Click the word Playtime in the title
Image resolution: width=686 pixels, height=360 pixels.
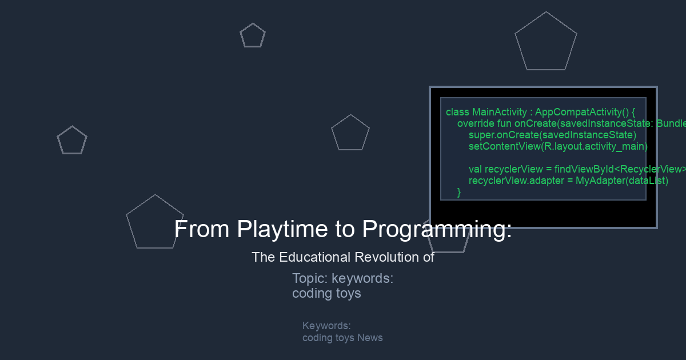pyautogui.click(x=282, y=229)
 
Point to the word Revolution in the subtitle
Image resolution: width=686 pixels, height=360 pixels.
pyautogui.click(x=387, y=257)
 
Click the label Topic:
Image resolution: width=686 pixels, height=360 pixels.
pyautogui.click(x=310, y=279)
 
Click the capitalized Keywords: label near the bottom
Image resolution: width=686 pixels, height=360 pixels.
pyautogui.click(x=326, y=326)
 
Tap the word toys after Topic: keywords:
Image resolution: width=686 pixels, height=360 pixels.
pyautogui.click(x=349, y=294)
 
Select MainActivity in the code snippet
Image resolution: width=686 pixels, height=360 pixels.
pyautogui.click(x=500, y=112)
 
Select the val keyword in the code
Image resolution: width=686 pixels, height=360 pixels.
pyautogui.click(x=475, y=169)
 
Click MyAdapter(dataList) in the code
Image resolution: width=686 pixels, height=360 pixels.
pyautogui.click(x=622, y=181)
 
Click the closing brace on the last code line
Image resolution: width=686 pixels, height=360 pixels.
pyautogui.click(x=459, y=192)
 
